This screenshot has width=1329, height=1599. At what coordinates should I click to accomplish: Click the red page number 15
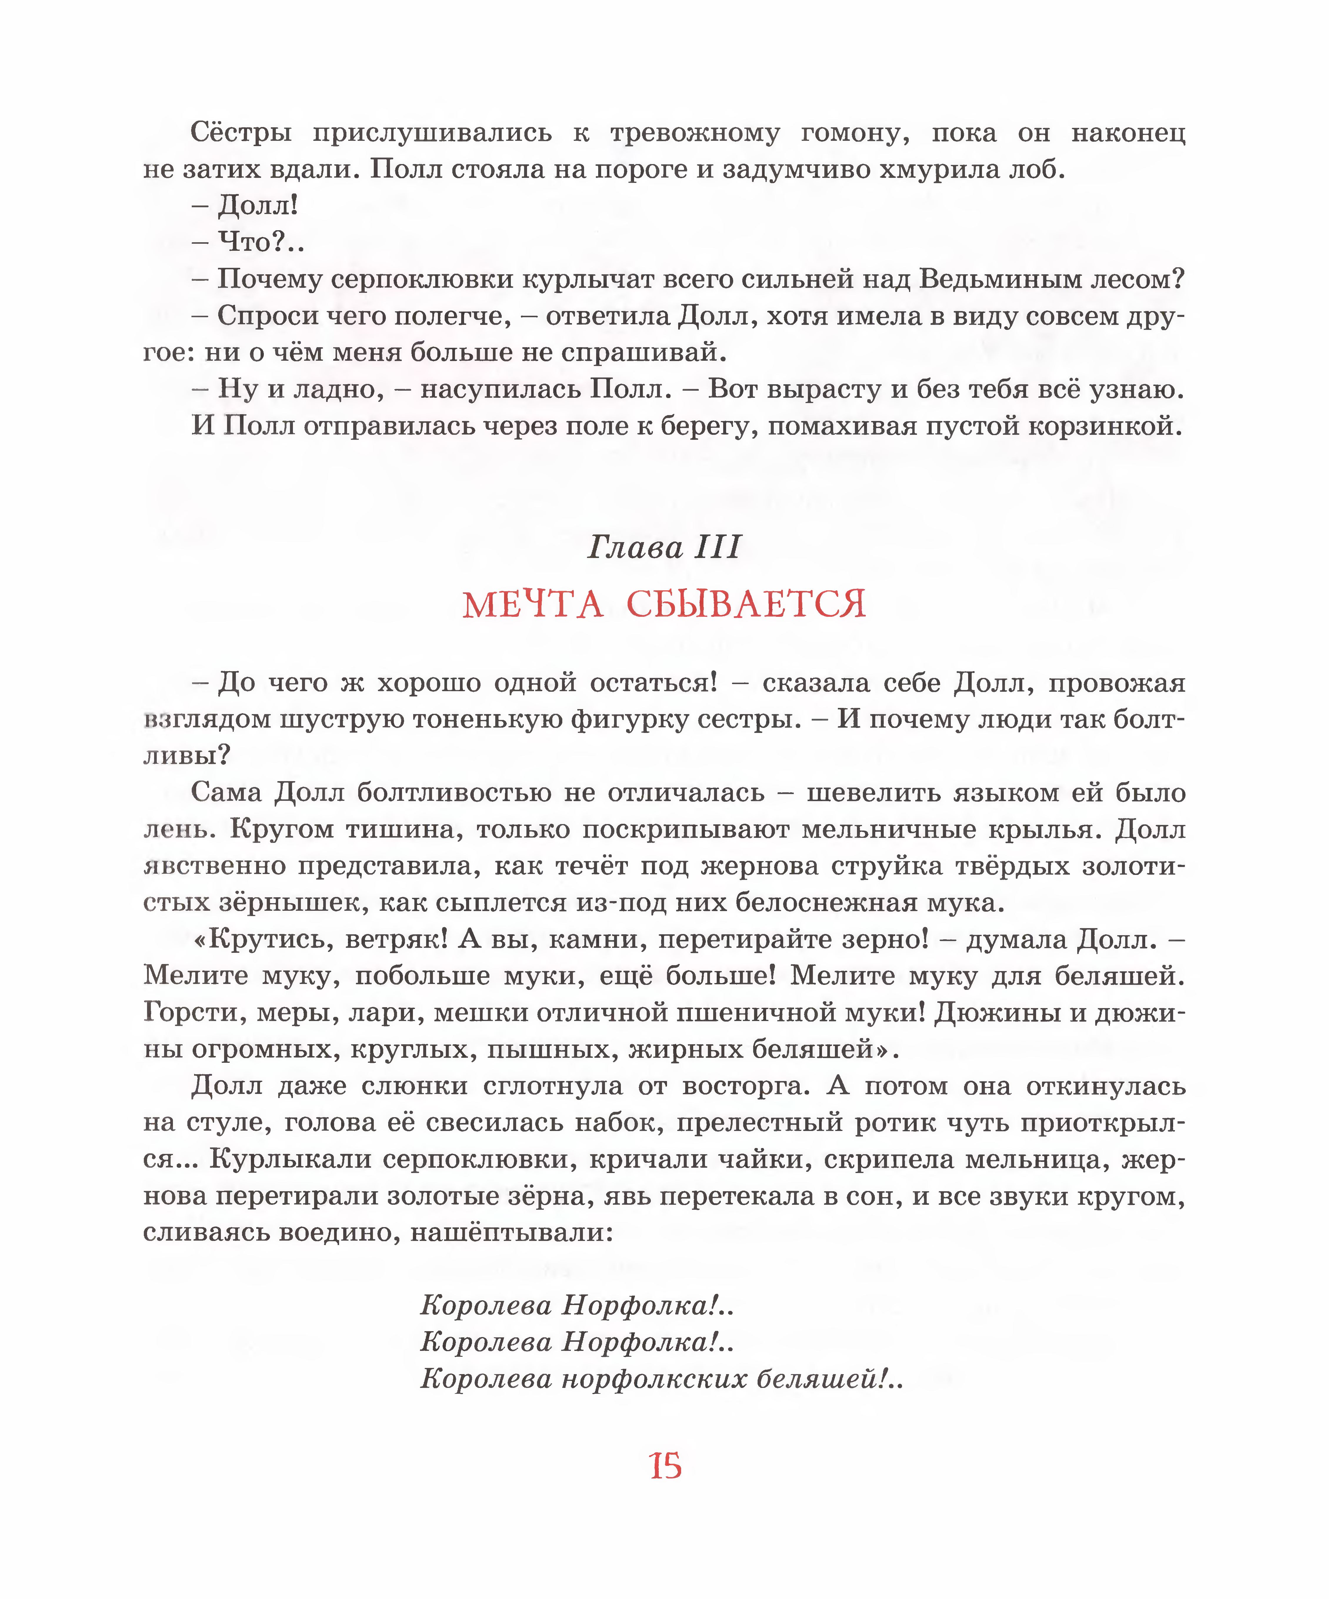tap(665, 1466)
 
